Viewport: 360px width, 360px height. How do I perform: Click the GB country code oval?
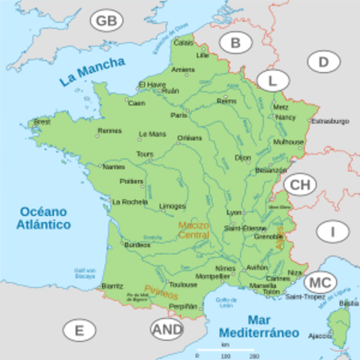106,20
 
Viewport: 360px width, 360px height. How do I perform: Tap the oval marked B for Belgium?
235,43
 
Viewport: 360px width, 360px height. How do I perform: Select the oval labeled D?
323,61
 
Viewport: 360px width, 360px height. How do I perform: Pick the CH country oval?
299,184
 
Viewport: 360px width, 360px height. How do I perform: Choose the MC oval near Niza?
319,282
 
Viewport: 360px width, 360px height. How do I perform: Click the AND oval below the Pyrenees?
166,328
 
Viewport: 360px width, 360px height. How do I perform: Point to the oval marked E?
79,330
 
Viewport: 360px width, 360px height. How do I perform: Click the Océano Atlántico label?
45,217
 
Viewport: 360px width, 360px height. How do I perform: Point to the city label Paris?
178,115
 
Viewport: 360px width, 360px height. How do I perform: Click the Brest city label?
42,121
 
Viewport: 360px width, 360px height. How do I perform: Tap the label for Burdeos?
136,244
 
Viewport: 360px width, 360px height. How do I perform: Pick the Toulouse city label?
183,285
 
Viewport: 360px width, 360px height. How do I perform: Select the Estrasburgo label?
330,121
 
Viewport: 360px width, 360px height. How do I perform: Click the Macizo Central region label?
193,229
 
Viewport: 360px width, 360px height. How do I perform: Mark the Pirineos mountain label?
161,291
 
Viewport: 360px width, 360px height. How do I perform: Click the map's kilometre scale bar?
225,352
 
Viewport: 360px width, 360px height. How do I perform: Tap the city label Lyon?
235,212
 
